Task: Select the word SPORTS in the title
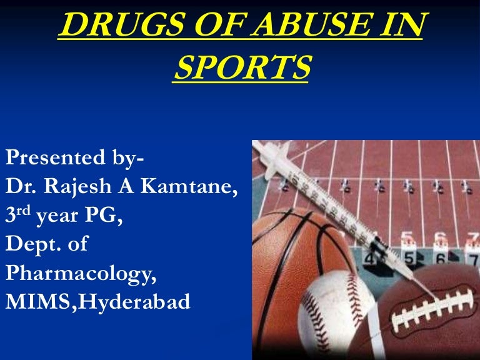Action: [241, 67]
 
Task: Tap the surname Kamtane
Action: [193, 187]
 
